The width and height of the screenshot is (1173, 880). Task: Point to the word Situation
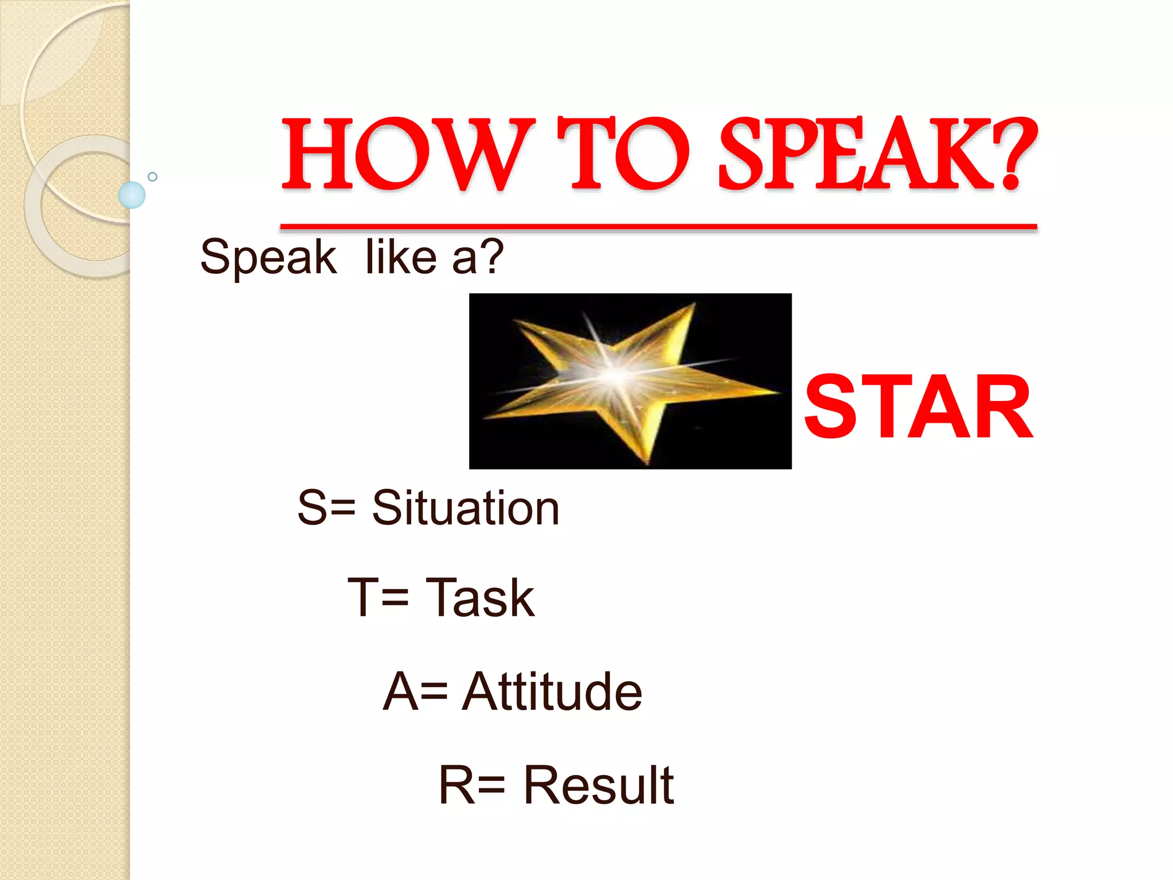[x=465, y=508]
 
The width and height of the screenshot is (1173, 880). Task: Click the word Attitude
[x=552, y=692]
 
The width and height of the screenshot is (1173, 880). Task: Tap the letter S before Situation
[x=312, y=508]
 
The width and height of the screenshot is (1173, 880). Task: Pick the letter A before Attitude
[x=399, y=692]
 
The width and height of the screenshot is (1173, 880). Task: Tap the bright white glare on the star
[x=616, y=375]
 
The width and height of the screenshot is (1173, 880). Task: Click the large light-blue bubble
[x=132, y=195]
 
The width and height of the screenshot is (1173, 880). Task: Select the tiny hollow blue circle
[x=152, y=176]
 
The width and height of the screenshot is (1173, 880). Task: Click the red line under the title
[x=659, y=227]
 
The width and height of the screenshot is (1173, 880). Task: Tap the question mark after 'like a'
[x=491, y=257]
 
